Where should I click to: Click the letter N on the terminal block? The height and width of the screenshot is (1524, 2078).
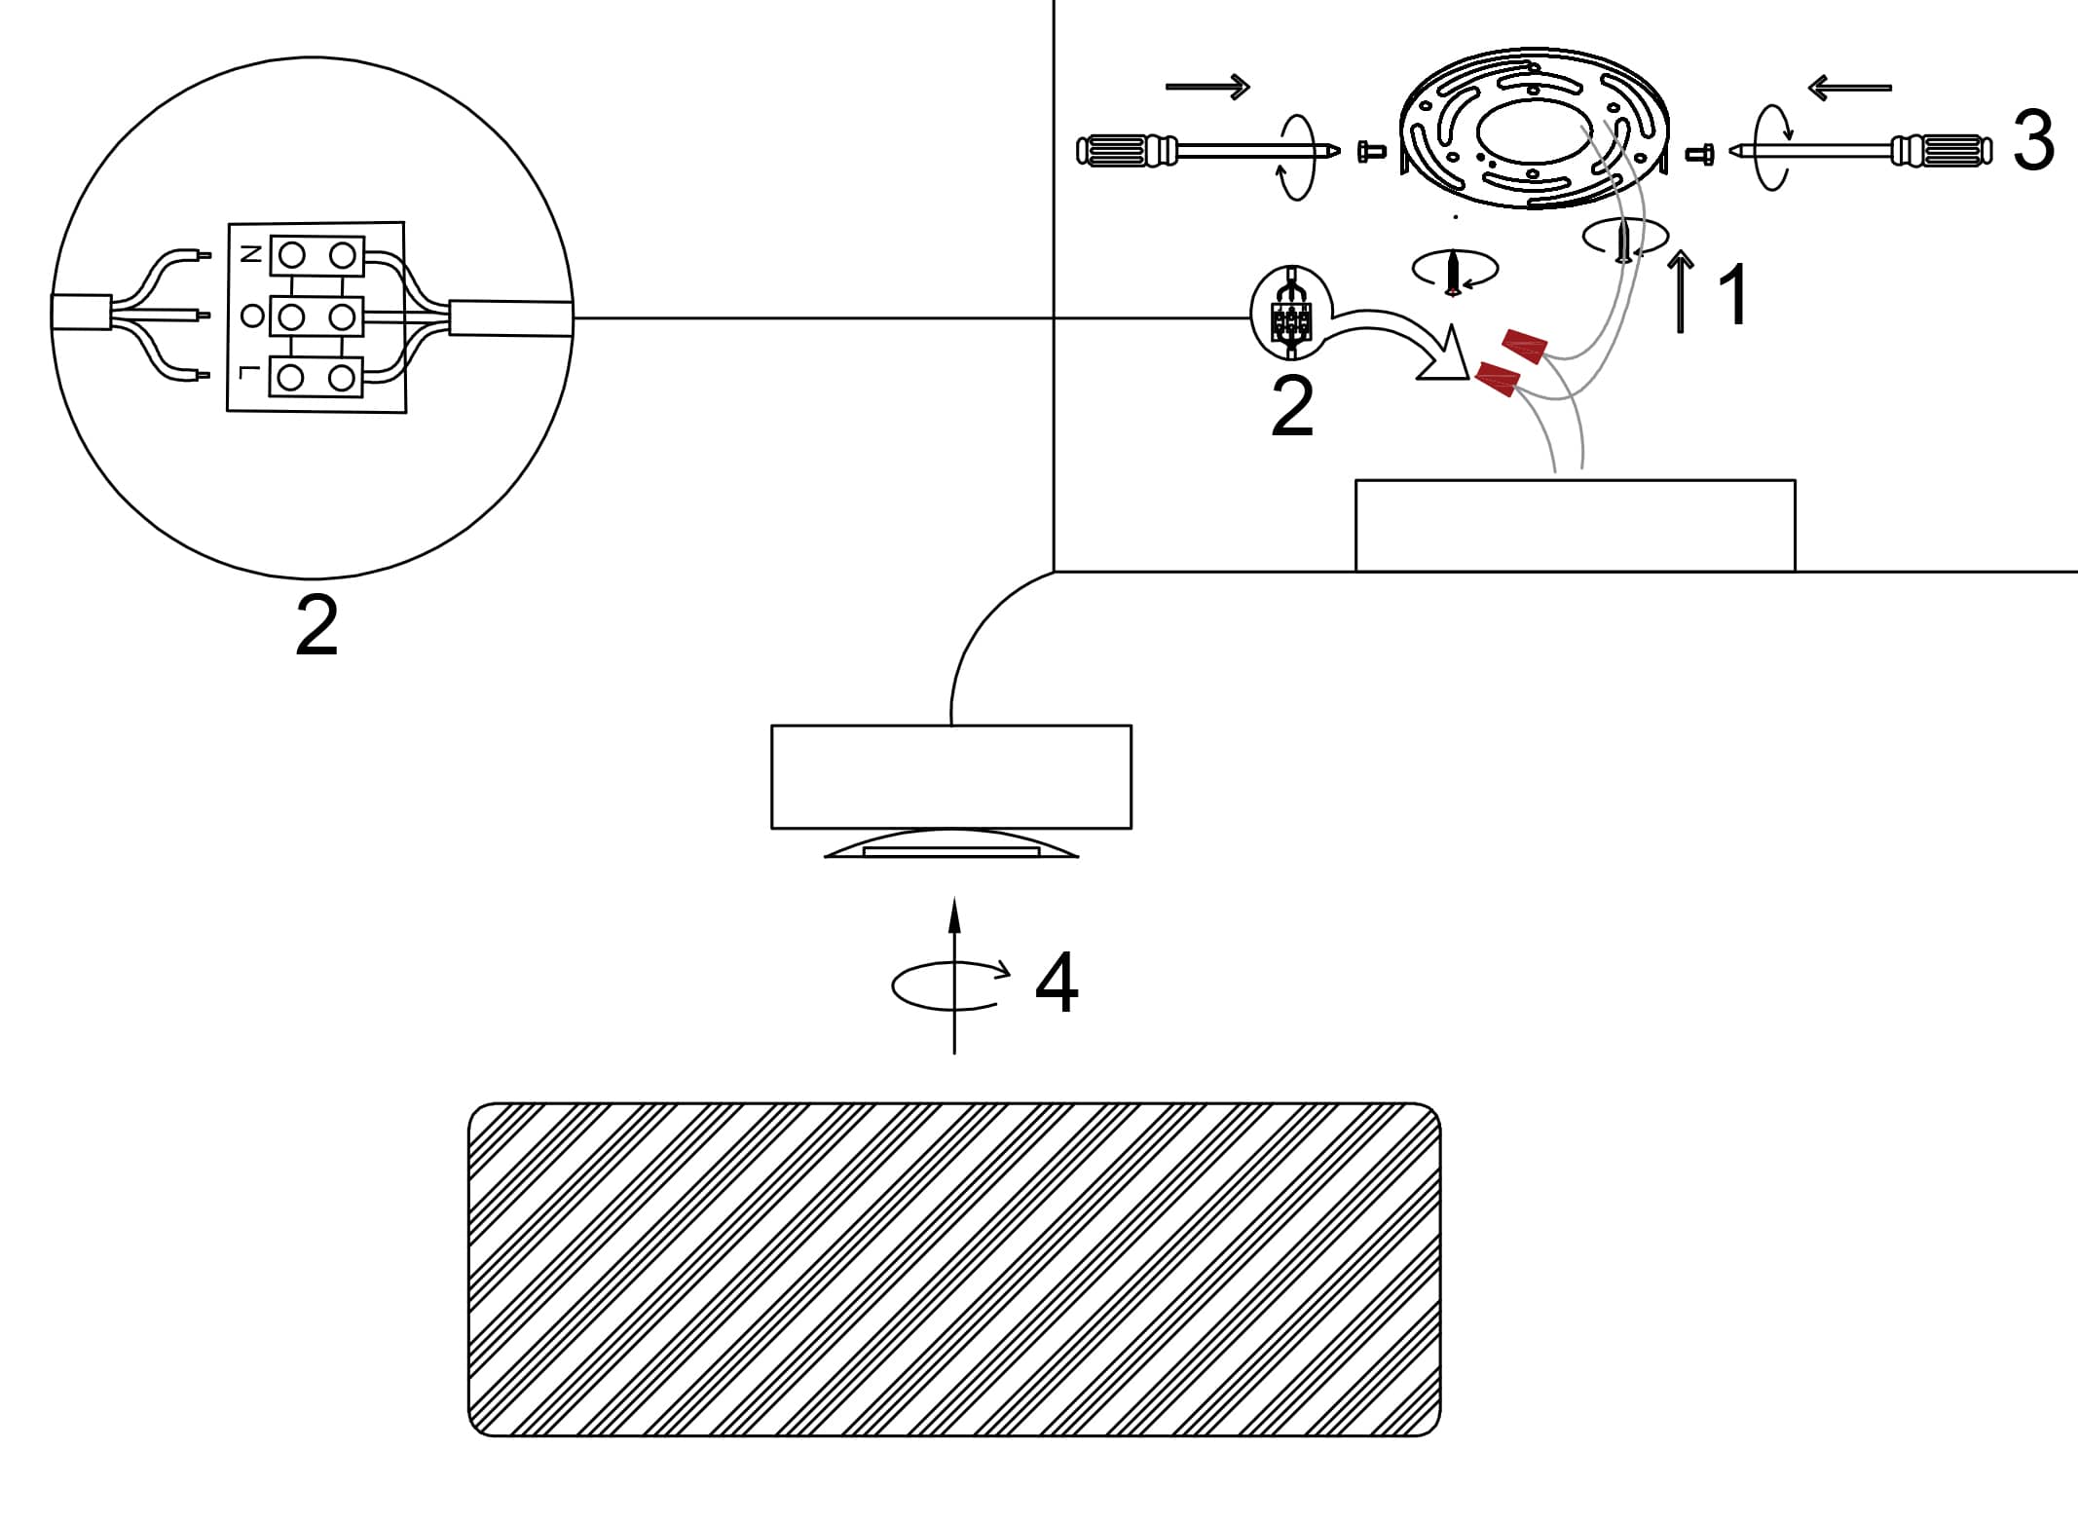pyautogui.click(x=250, y=254)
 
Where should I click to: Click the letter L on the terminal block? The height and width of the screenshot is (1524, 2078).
pyautogui.click(x=250, y=372)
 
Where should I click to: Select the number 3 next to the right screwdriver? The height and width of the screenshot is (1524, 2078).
pyautogui.click(x=2033, y=142)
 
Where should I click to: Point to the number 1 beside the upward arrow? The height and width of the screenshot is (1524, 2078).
pyautogui.click(x=1733, y=294)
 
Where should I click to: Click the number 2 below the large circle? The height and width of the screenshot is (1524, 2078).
pyautogui.click(x=316, y=625)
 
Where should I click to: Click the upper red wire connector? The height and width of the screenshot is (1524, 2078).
pyautogui.click(x=1525, y=346)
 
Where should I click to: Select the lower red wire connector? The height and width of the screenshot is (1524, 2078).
pyautogui.click(x=1499, y=379)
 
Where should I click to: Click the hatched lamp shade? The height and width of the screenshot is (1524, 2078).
pyautogui.click(x=954, y=1269)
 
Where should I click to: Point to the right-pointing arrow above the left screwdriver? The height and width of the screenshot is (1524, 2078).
pyautogui.click(x=1207, y=87)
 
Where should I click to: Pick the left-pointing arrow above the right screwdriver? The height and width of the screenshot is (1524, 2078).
pyautogui.click(x=1849, y=88)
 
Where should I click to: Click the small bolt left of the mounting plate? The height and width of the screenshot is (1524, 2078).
pyautogui.click(x=1371, y=151)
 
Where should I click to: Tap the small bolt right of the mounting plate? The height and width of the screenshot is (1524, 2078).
pyautogui.click(x=1700, y=154)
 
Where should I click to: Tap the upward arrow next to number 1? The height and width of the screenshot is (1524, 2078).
pyautogui.click(x=1681, y=291)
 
